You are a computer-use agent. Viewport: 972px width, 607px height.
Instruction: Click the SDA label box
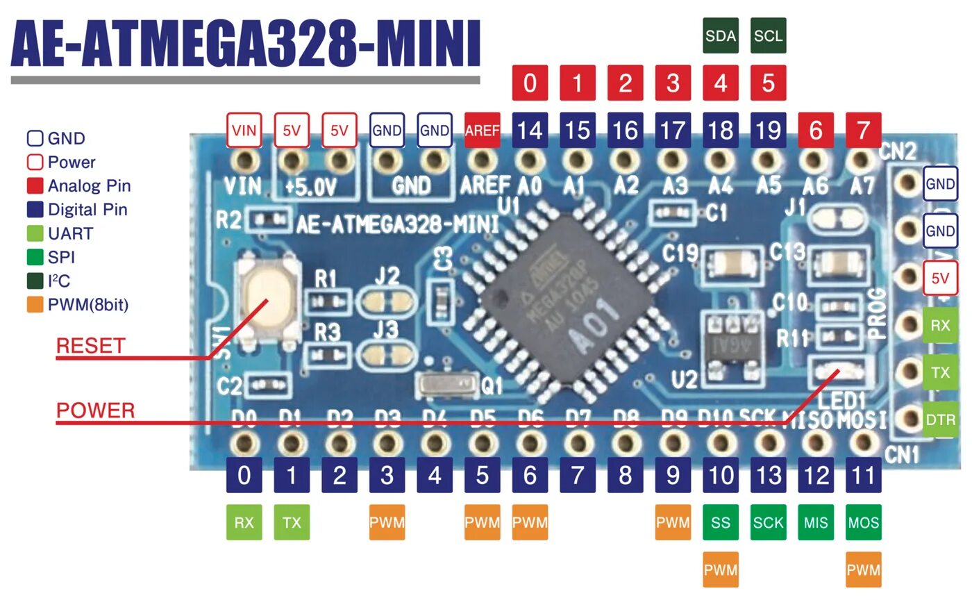pos(721,35)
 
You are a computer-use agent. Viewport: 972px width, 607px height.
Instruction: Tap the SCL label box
pos(769,35)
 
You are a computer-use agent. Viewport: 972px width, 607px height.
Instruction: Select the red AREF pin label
pos(482,130)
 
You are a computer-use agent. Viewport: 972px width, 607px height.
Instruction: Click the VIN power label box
pos(244,130)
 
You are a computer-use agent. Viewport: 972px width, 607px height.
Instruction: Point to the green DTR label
pos(940,419)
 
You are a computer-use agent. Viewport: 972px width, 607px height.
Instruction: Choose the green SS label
pos(721,522)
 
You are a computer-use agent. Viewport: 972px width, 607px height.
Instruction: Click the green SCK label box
pos(769,522)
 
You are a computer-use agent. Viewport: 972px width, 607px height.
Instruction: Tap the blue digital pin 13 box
pos(769,476)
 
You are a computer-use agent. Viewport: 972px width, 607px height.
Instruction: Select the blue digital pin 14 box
pos(530,130)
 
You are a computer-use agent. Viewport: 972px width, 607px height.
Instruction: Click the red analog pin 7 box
pos(863,130)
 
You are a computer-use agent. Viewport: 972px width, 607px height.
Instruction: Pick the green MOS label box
pos(863,522)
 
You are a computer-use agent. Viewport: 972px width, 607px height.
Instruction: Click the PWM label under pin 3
pos(387,522)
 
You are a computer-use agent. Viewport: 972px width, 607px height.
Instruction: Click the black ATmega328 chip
pos(567,299)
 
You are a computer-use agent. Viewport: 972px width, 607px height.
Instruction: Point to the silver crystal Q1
pos(447,384)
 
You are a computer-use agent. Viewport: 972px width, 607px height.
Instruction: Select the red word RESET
pos(90,346)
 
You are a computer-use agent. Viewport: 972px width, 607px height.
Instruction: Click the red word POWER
pos(95,410)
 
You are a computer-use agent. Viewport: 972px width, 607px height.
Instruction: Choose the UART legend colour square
pos(35,233)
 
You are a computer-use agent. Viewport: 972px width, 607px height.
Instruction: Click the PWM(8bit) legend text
pos(88,304)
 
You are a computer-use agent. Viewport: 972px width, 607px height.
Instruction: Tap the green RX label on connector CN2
pos(940,325)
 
